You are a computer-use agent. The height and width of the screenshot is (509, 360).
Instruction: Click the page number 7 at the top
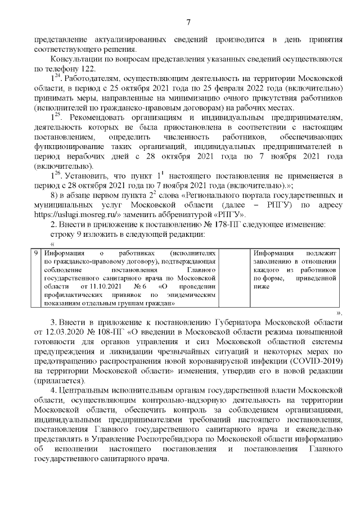coord(188,22)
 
